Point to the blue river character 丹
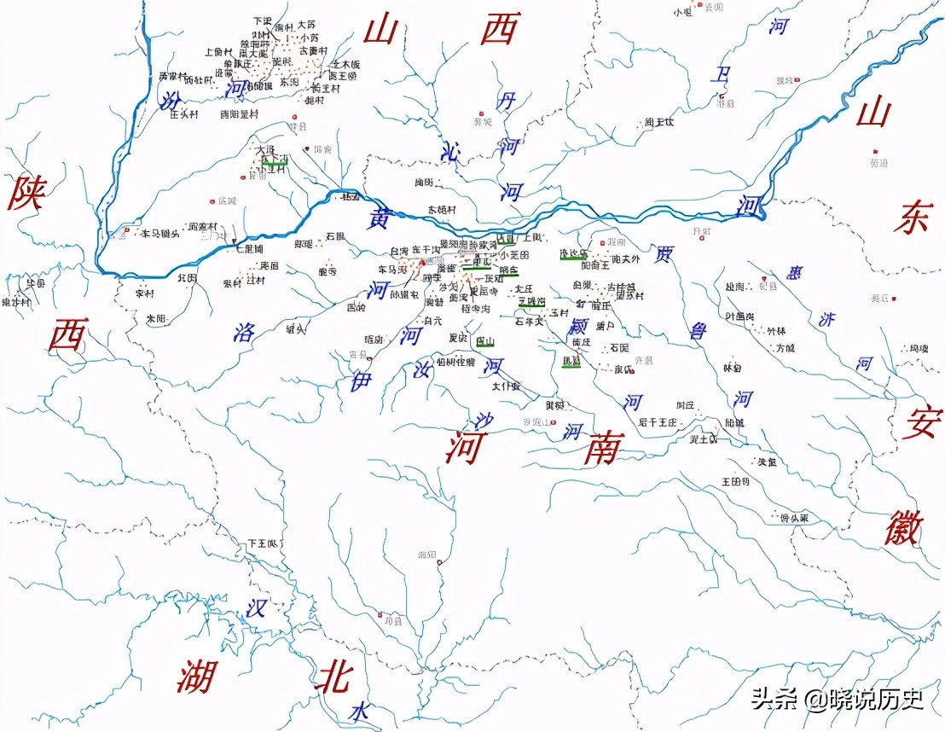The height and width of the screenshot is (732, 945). click(x=507, y=102)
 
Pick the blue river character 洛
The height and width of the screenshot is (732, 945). click(x=245, y=332)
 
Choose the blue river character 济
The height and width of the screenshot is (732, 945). click(x=826, y=319)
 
